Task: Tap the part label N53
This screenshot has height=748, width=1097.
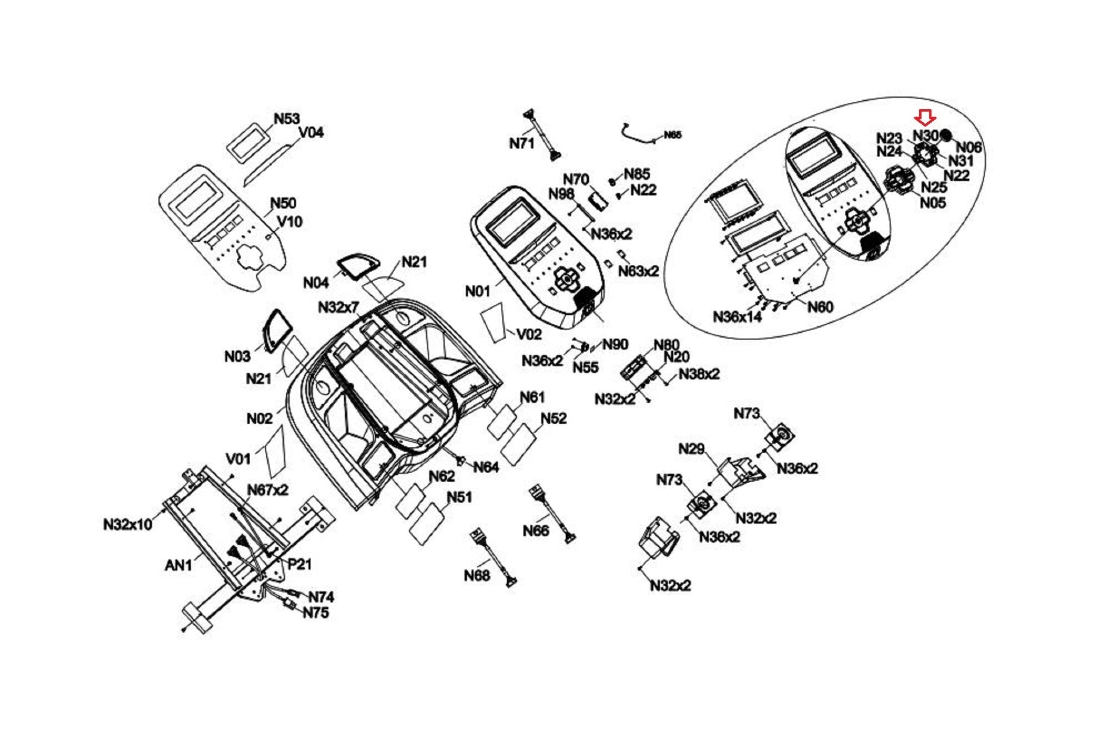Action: tap(287, 118)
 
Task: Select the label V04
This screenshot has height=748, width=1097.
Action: tap(311, 132)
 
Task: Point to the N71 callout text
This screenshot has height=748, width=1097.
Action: tap(521, 143)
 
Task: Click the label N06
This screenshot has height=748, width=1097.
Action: tap(968, 147)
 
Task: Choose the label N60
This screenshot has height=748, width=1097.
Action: tap(820, 307)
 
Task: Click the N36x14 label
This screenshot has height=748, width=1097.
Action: tap(737, 317)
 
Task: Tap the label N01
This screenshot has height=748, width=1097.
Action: tap(477, 291)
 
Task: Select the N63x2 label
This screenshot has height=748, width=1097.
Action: tap(638, 271)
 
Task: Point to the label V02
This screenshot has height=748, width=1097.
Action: tap(529, 334)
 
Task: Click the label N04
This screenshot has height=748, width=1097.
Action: tap(315, 282)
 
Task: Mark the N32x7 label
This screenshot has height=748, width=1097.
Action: tap(339, 308)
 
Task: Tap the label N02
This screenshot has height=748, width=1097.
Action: tap(259, 418)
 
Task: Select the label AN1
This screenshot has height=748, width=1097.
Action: tap(178, 565)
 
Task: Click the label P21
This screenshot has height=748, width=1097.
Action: tap(299, 564)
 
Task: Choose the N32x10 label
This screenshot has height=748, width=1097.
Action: tap(128, 525)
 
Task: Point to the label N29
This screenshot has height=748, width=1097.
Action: tap(691, 449)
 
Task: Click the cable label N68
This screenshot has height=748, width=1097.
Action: tap(477, 576)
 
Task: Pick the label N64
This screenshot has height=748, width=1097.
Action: tap(486, 467)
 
